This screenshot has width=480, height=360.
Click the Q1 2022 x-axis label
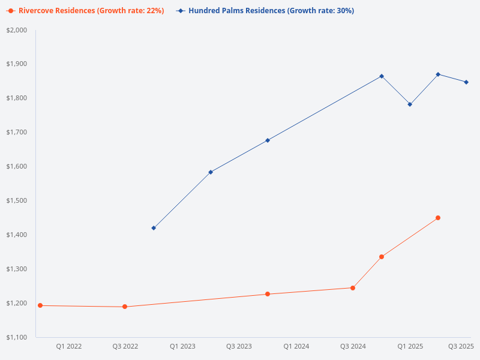coord(69,346)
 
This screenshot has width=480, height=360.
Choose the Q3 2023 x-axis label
coord(239,346)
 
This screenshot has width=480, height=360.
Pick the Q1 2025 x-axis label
coord(410,346)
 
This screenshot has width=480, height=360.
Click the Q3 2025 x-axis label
coord(461,346)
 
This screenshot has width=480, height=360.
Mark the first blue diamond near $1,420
coord(154,228)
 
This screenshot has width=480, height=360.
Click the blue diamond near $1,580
coord(211,172)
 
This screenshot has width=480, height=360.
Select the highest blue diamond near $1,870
coord(438,74)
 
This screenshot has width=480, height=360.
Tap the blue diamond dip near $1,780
coord(410,104)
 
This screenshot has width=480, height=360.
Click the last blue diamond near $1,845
coord(466,82)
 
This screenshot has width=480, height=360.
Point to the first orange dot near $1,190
coord(40,305)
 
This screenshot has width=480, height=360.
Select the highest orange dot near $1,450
coord(438,218)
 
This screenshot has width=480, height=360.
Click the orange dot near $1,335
coord(382,257)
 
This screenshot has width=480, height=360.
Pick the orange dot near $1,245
coord(353,288)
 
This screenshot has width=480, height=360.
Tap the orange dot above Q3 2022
coord(125,307)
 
